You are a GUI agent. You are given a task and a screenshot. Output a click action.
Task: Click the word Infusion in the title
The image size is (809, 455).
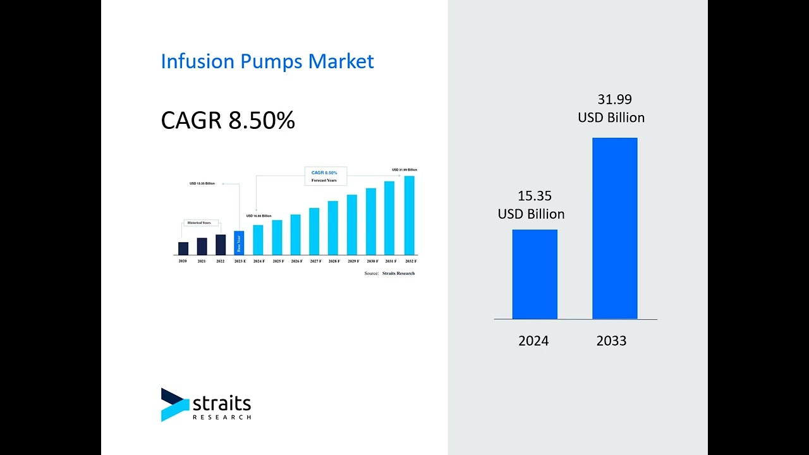point(198,61)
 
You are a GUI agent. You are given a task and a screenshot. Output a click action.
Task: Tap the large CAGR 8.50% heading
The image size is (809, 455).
point(228,120)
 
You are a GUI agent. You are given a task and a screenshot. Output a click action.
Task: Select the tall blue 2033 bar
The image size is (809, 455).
point(614,228)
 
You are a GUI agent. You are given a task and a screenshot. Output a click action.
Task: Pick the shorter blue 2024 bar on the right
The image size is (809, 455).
point(535,274)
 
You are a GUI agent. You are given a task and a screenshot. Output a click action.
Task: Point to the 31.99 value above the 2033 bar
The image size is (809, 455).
point(614,99)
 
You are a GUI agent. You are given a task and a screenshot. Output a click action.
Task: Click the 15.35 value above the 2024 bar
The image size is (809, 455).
point(535,196)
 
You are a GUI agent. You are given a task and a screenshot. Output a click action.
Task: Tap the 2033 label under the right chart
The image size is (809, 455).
point(611,341)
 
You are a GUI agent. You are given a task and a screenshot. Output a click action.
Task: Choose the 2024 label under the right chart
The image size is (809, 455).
point(533,341)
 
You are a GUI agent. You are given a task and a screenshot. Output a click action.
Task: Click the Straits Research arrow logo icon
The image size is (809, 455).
point(174,404)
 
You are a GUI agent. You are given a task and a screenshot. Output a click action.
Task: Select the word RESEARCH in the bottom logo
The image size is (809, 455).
point(222,417)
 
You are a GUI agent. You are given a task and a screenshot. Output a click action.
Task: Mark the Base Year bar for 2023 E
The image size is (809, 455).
point(238,243)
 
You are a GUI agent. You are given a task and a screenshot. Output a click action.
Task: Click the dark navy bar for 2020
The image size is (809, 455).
point(183,248)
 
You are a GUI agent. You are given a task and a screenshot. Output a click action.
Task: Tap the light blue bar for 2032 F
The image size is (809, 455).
point(410,215)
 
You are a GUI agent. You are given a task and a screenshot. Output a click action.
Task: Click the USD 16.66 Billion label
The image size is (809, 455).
point(259,216)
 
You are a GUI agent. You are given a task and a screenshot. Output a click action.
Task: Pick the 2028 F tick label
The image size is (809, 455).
point(334,261)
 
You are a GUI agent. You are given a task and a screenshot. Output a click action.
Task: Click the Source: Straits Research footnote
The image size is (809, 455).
point(389,273)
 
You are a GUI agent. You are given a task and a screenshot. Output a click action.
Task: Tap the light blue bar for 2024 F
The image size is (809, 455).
point(258,240)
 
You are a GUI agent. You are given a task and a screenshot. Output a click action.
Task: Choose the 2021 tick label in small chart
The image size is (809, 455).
point(202,261)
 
